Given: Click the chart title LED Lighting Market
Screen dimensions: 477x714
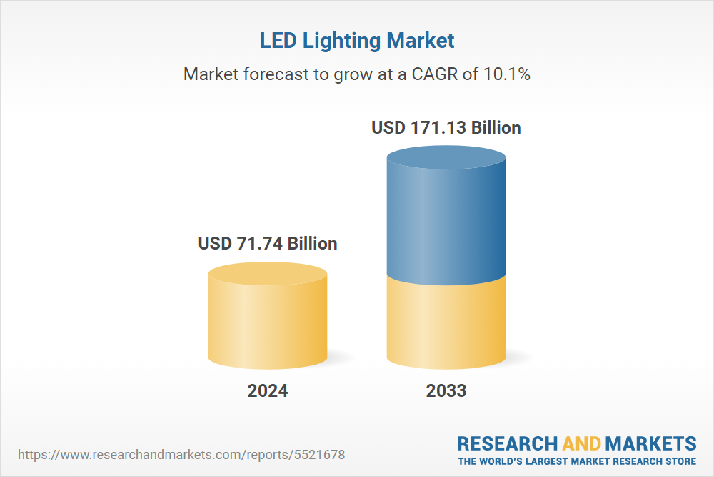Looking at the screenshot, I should (x=357, y=41).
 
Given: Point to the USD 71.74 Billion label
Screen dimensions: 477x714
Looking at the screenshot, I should (x=268, y=243).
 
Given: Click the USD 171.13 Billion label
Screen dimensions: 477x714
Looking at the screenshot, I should (x=446, y=128).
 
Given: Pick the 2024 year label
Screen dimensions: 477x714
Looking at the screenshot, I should (x=268, y=391).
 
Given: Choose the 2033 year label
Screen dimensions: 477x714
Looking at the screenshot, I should (x=446, y=391).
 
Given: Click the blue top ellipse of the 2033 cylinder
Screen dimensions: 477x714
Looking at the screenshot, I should (x=446, y=158).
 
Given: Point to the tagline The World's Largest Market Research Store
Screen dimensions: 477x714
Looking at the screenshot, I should (x=577, y=461).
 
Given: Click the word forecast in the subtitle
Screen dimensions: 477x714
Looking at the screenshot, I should (x=276, y=74).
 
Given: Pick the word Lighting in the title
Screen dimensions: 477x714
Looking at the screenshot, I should (x=344, y=41).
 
